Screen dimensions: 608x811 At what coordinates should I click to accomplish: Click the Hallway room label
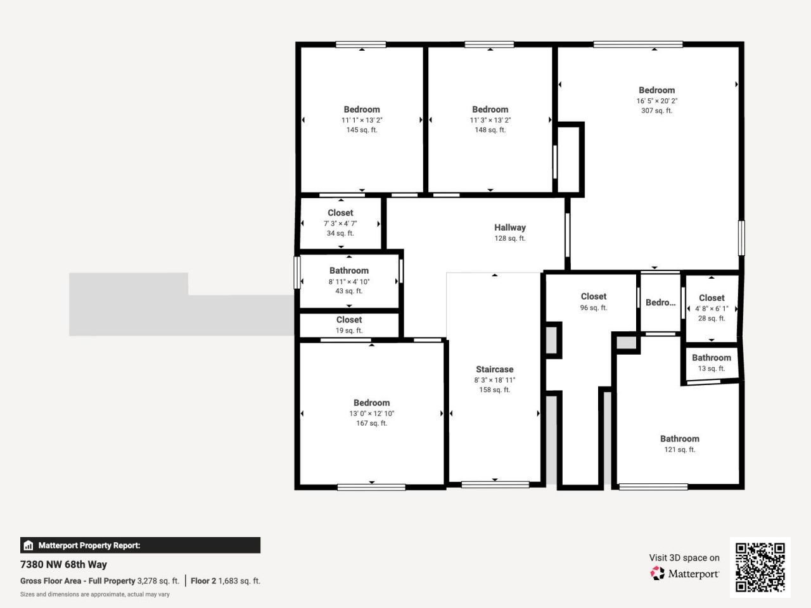(509, 227)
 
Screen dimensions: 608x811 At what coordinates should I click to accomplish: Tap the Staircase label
(494, 369)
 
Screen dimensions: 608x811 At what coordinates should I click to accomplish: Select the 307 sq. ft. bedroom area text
(656, 111)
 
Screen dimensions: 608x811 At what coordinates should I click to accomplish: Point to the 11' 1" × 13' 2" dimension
(362, 120)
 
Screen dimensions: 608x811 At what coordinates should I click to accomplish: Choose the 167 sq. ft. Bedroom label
(371, 403)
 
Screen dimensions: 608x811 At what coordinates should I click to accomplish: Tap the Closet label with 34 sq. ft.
(340, 213)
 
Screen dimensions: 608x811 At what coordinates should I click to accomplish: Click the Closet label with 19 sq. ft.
(349, 320)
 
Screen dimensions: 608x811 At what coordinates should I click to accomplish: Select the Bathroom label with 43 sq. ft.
(348, 270)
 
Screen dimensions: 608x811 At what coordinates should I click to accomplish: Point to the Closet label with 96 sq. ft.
(593, 296)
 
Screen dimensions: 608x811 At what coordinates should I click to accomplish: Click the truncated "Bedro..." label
(660, 303)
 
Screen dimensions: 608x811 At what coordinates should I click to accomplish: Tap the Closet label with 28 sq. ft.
(712, 298)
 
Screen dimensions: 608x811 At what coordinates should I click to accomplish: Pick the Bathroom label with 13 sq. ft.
(711, 358)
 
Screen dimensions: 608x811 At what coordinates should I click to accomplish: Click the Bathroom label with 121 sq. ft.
(679, 439)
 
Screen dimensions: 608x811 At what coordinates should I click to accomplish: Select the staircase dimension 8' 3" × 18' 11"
(494, 380)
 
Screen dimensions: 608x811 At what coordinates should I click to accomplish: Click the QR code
(760, 567)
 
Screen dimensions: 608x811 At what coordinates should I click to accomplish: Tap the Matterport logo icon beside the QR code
(658, 574)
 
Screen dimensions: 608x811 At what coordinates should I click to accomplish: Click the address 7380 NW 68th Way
(63, 564)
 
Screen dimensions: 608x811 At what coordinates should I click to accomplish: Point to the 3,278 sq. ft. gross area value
(158, 581)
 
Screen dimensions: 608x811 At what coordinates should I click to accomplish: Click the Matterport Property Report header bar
(140, 545)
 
